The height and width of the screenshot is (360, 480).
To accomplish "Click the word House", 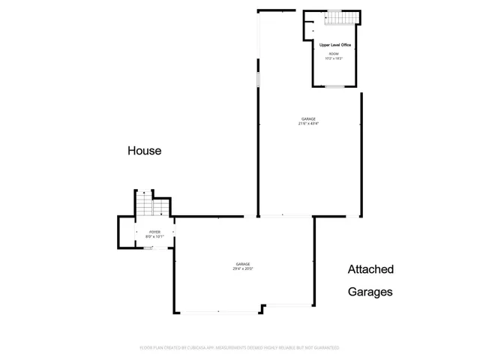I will tap(144, 151).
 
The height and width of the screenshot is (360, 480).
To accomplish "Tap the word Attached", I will tap(370, 269).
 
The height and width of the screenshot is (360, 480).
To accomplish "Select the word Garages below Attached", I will tap(370, 292).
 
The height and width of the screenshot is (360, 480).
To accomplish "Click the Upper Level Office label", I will tap(335, 46).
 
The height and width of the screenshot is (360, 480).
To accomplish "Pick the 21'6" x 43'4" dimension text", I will tap(308, 124).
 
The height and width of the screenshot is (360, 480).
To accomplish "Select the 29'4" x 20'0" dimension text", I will tap(243, 268).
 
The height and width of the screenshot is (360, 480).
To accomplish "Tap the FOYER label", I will tap(154, 233).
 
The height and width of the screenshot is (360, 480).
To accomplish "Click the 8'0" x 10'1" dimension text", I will tap(154, 238).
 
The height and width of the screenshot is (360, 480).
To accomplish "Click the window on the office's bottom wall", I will tap(334, 87).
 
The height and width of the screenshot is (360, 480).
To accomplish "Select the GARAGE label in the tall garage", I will tap(308, 119).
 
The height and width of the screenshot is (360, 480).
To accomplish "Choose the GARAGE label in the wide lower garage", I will tap(243, 263).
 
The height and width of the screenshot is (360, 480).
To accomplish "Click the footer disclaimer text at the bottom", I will tap(240, 348).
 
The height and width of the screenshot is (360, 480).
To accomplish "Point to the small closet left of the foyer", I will tap(126, 232).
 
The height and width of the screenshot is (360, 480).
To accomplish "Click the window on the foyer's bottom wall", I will tap(148, 247).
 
